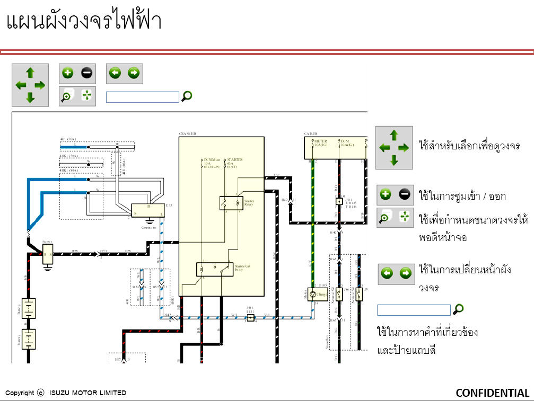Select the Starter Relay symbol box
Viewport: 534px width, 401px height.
pyautogui.click(x=231, y=203)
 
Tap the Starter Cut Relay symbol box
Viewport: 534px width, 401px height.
pyautogui.click(x=215, y=269)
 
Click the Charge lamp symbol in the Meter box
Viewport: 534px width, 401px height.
pyautogui.click(x=312, y=295)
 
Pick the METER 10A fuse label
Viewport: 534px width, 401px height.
pyautogui.click(x=320, y=144)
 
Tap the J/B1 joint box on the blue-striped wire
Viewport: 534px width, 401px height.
pyautogui.click(x=251, y=318)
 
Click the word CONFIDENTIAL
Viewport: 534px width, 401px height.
pyautogui.click(x=492, y=393)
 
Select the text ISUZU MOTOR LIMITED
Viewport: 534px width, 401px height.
pyautogui.click(x=87, y=393)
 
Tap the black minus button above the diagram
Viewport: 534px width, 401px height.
pyautogui.click(x=86, y=73)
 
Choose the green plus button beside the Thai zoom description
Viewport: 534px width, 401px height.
pyautogui.click(x=386, y=195)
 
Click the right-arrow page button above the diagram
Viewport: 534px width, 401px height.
pyautogui.click(x=134, y=73)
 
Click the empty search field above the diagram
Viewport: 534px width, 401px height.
pyautogui.click(x=142, y=97)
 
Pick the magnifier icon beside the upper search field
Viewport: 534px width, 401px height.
pyautogui.click(x=187, y=96)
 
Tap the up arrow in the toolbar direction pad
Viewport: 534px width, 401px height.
pyautogui.click(x=30, y=73)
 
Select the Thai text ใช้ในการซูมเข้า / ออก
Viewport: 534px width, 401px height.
pyautogui.click(x=462, y=196)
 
